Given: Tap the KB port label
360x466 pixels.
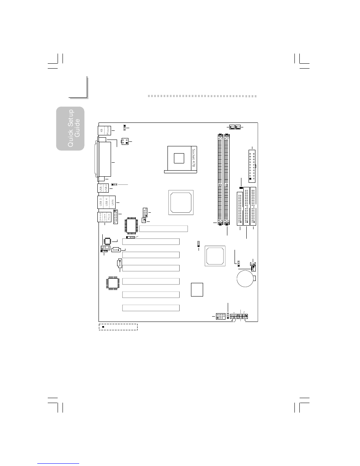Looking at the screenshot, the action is [x=101, y=131].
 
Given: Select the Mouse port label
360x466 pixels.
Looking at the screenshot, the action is [x=107, y=131].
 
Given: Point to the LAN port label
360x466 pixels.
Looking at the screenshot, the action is [x=112, y=202].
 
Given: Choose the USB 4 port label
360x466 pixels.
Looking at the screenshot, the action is [x=106, y=202].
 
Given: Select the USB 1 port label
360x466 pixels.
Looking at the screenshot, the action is [x=100, y=188].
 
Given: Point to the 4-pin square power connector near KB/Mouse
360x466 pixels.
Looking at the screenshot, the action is [x=125, y=141].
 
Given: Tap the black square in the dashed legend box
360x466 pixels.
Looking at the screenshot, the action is [x=104, y=327].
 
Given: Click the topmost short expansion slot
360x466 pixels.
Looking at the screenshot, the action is [x=164, y=229].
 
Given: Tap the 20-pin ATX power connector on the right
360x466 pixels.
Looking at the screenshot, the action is [x=251, y=165].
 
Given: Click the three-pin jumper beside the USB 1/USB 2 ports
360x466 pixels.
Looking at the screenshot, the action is [x=114, y=184].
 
